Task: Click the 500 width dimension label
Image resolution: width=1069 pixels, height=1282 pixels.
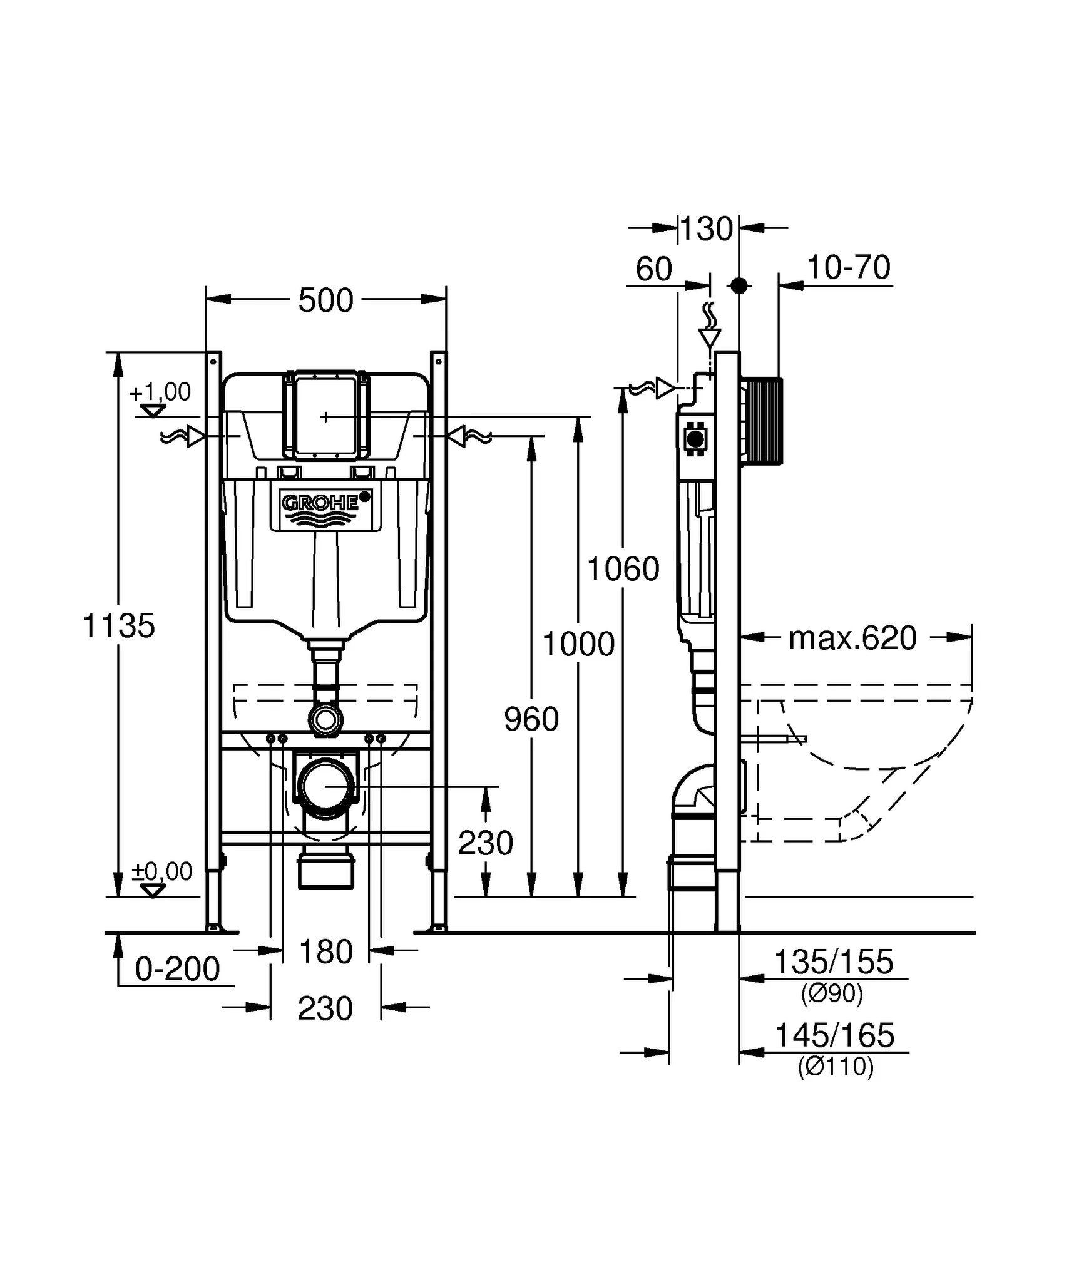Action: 325,300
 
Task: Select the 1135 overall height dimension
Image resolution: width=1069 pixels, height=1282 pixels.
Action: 118,625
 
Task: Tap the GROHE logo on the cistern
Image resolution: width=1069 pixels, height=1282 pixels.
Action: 320,503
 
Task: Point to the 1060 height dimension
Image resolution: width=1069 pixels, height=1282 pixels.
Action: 623,569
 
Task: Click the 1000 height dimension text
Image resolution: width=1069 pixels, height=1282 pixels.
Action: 578,644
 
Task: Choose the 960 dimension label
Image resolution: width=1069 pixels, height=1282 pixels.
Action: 531,719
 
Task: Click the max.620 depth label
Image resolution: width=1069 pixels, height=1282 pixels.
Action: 852,638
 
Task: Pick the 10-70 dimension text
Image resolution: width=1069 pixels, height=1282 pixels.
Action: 848,268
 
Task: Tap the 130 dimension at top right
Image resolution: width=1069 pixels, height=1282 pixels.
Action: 706,229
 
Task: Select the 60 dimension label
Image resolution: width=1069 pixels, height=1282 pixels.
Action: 653,269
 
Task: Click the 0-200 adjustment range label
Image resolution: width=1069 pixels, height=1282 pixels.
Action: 177,969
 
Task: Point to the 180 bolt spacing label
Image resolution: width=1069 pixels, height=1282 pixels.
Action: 325,952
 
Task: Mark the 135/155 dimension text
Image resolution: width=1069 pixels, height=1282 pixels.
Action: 834,962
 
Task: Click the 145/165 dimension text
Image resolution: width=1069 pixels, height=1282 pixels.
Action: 834,1035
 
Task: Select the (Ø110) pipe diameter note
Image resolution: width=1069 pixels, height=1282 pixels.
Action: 835,1066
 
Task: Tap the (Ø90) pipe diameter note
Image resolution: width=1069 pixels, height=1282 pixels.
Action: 832,993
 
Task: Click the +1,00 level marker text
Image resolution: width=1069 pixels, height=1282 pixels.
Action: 160,392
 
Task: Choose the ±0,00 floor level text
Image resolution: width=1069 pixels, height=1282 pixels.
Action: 161,871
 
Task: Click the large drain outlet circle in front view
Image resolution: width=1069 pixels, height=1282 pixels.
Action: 325,786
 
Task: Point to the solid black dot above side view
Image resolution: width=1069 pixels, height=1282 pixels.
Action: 739,285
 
